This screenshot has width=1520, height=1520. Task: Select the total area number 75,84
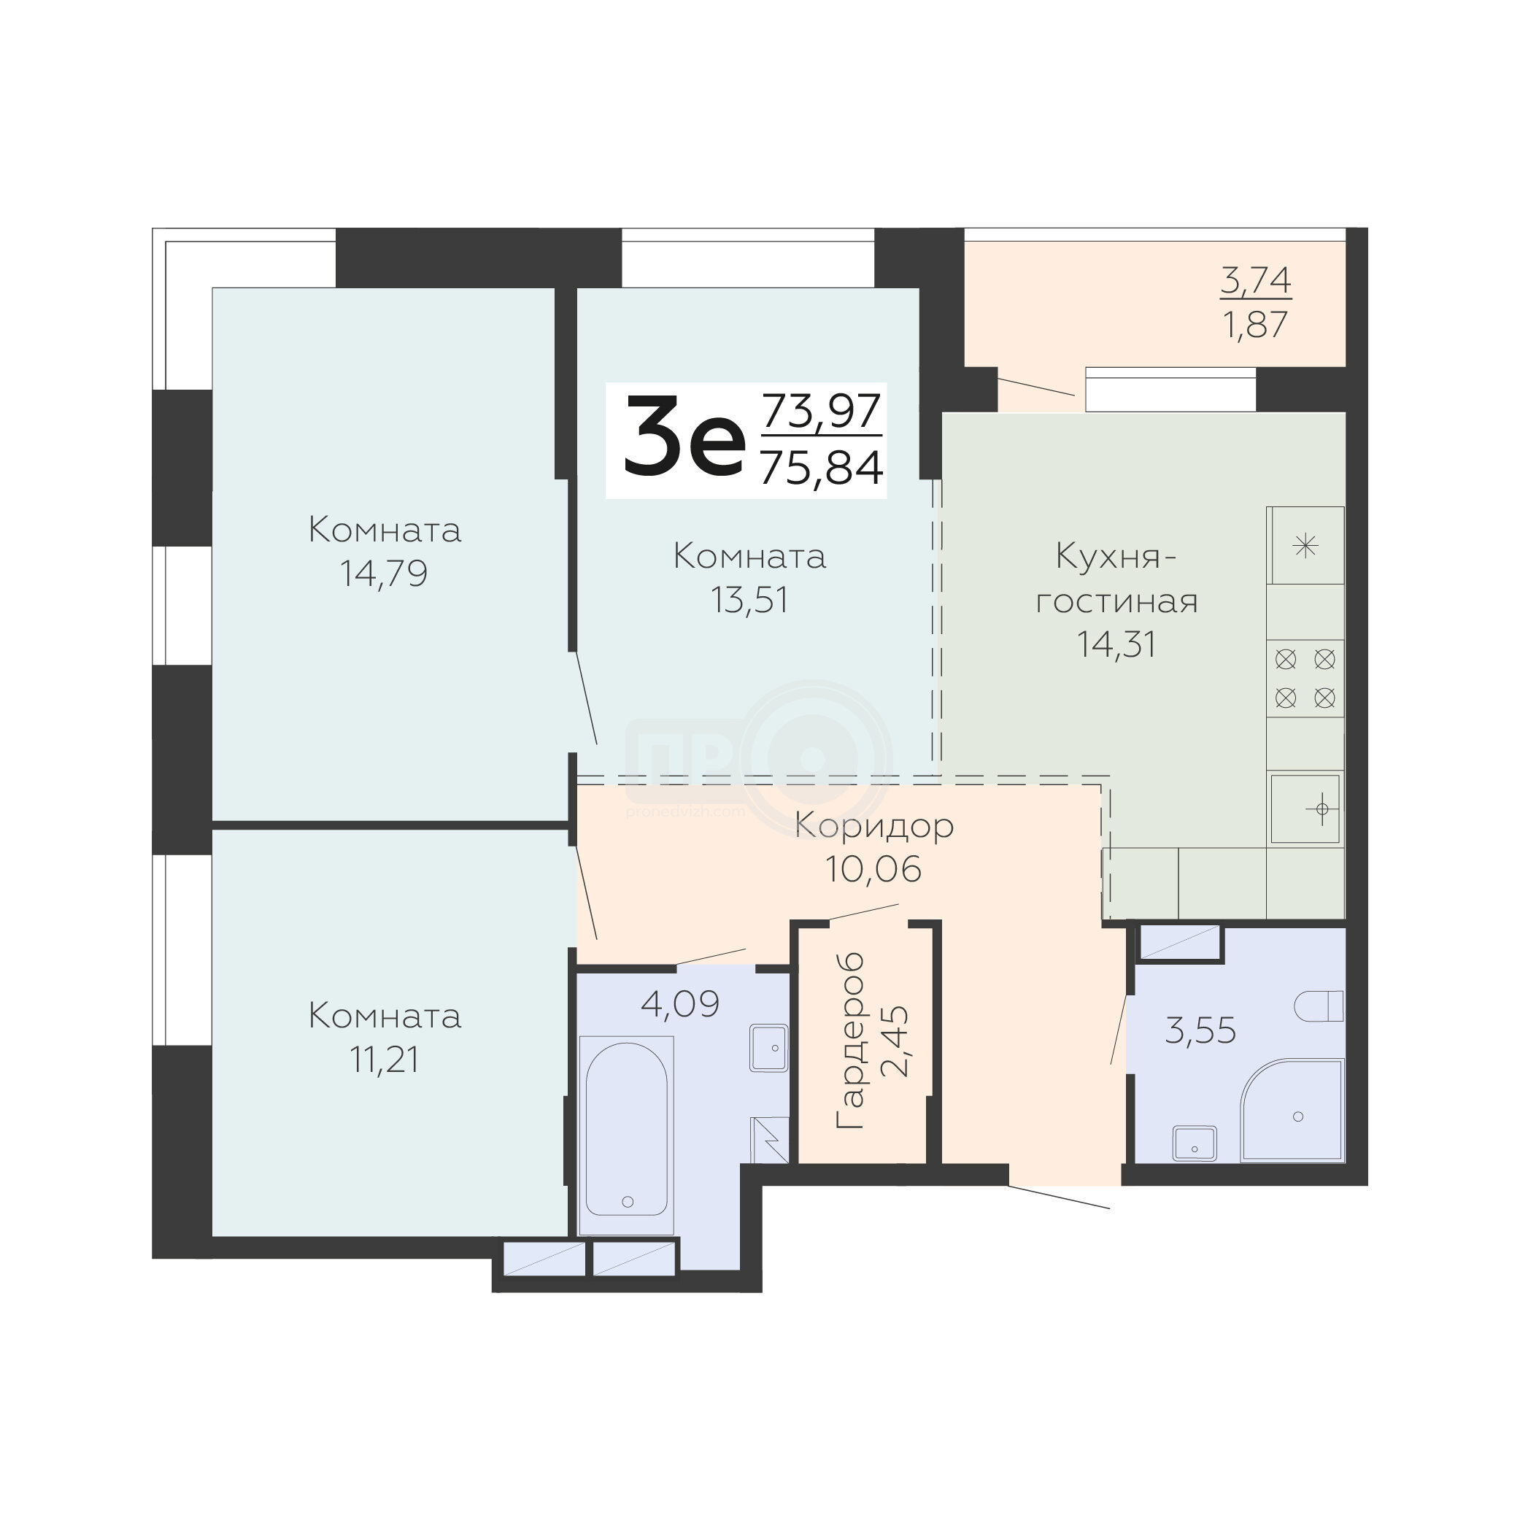point(822,468)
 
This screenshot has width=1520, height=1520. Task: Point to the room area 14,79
point(384,574)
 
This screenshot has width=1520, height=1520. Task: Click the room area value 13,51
point(749,601)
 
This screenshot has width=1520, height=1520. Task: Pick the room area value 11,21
point(384,1060)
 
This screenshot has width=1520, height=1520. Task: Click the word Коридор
point(874,826)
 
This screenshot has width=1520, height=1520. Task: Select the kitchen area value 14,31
point(1116,644)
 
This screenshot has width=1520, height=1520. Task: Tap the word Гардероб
point(850,1041)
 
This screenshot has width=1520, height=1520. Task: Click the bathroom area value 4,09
point(681,1004)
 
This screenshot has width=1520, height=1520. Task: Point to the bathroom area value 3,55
point(1200,1030)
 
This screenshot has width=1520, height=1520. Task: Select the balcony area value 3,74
point(1256,280)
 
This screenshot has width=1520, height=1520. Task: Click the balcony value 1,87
point(1256,324)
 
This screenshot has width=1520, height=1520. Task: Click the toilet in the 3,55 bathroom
point(1319,1006)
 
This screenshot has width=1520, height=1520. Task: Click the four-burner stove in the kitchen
point(1305,678)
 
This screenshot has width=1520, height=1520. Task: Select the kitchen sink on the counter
point(1306,809)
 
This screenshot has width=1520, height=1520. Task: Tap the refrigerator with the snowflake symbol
point(1305,545)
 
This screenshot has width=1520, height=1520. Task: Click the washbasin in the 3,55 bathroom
point(1195,1143)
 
